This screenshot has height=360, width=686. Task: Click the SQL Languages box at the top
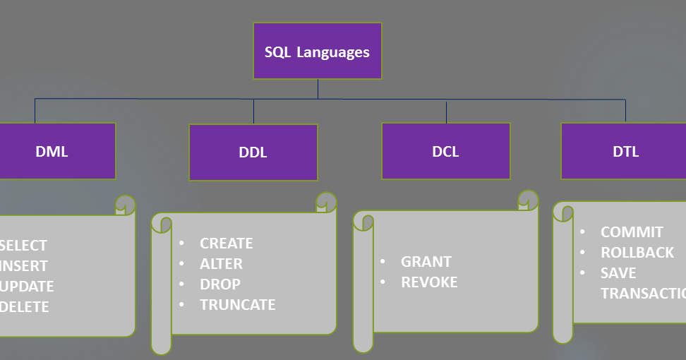[318, 52]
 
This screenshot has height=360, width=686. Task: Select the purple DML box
[52, 151]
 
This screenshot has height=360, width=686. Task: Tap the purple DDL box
[253, 152]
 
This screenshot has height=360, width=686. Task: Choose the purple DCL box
[445, 151]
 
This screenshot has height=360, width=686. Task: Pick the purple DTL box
[625, 151]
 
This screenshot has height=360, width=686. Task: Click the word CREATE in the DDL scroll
[226, 244]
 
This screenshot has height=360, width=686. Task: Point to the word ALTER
[221, 264]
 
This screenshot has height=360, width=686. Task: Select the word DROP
[220, 284]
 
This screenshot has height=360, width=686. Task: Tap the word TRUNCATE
[237, 305]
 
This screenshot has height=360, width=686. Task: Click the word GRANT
[426, 262]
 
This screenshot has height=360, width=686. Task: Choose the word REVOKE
[429, 282]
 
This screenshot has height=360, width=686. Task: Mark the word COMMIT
[632, 232]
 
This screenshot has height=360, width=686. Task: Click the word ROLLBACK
[637, 253]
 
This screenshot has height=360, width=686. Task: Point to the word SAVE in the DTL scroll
[618, 273]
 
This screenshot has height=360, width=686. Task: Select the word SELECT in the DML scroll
[24, 246]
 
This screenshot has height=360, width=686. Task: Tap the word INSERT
[25, 266]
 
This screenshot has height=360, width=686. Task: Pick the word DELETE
[25, 307]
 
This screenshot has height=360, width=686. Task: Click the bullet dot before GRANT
[383, 261]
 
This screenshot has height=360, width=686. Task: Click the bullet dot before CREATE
[181, 243]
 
